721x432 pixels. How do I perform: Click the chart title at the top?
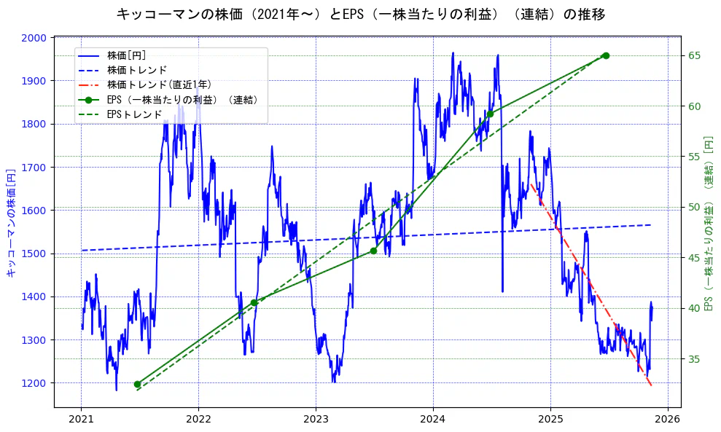tap(360, 14)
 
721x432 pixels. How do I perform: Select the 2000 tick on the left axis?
tap(35, 38)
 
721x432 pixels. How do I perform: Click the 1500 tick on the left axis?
tap(35, 254)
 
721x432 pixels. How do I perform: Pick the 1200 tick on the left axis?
tap(35, 383)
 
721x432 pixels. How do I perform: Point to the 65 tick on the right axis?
tap(694, 55)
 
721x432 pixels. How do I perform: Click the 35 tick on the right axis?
tap(694, 359)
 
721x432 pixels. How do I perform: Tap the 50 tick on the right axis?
tap(694, 208)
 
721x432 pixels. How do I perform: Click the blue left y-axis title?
tap(11, 222)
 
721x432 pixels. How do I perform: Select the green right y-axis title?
tap(708, 222)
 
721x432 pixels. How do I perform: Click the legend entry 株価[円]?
tap(127, 55)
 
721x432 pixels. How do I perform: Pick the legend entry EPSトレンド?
tap(134, 114)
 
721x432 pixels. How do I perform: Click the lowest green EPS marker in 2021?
tap(137, 384)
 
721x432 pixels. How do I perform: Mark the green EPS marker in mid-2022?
tap(254, 302)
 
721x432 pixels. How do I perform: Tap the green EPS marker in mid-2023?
tap(373, 251)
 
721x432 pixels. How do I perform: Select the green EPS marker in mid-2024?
tap(490, 114)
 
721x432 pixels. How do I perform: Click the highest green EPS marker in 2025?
tap(606, 55)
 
